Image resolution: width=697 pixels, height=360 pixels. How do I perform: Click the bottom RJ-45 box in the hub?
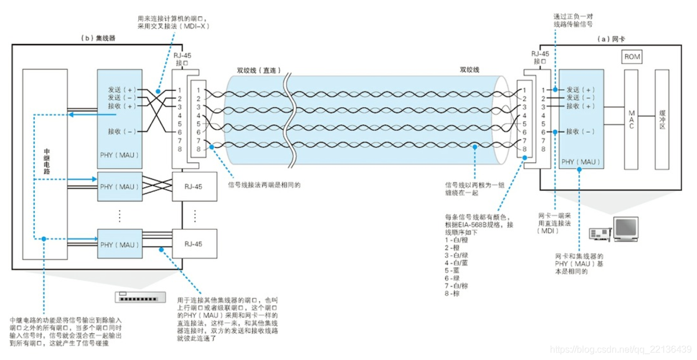coord(195,244)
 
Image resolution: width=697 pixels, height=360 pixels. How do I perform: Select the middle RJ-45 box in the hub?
coord(195,187)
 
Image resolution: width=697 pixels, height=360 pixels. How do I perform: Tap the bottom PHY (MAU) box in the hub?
coord(120,244)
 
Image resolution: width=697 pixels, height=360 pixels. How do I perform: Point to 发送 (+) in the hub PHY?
coord(121,90)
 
